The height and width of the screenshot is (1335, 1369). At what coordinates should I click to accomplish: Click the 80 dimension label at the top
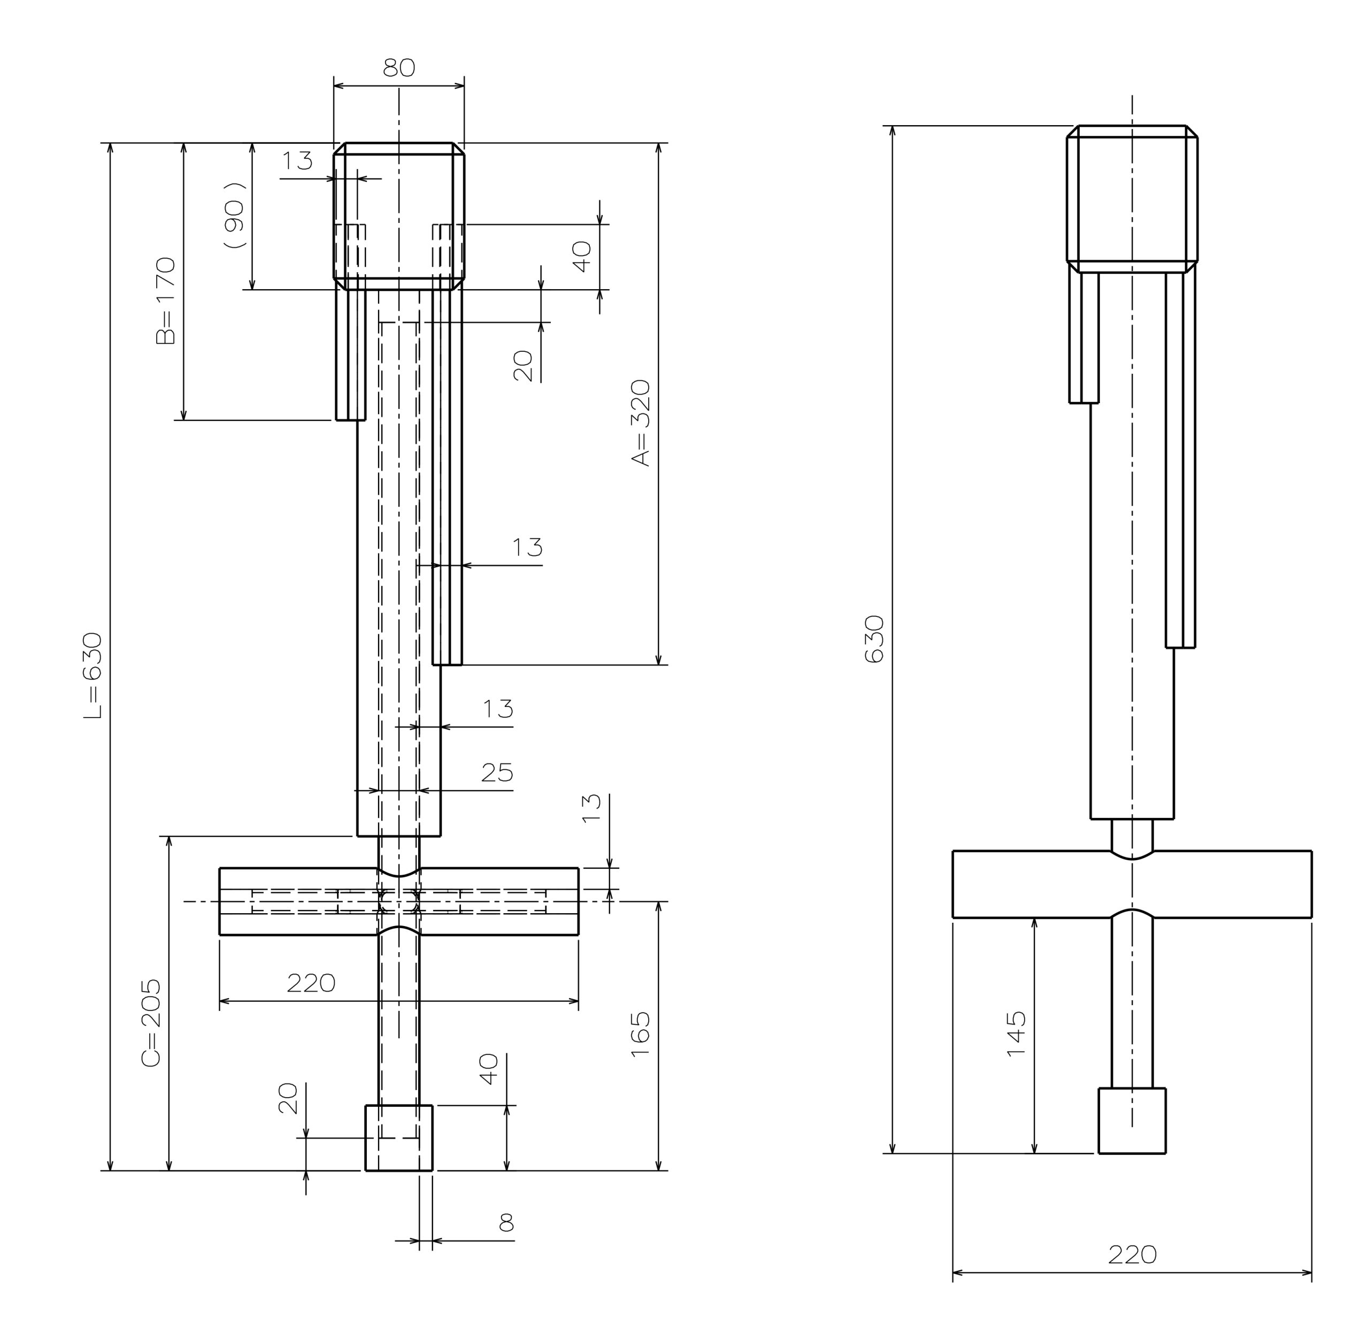[399, 68]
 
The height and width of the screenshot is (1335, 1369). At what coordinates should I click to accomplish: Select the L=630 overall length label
[93, 675]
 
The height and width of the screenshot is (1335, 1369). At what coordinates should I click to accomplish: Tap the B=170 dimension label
[166, 301]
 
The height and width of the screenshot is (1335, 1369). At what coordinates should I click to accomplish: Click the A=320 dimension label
[641, 423]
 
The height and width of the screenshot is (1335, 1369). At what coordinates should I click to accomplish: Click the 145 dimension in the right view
[1016, 1033]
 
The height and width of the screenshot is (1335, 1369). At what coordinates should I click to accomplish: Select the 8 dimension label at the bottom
[506, 1223]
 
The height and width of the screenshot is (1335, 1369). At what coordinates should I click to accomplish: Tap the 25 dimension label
[497, 773]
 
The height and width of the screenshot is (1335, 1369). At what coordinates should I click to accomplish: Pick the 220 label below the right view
[1132, 1254]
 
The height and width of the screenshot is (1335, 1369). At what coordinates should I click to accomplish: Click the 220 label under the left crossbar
[311, 983]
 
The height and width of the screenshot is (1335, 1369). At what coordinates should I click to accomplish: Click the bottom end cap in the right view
[1132, 1121]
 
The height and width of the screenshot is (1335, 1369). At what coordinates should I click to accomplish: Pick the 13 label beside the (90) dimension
[297, 160]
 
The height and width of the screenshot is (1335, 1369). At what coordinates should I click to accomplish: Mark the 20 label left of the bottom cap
[288, 1099]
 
